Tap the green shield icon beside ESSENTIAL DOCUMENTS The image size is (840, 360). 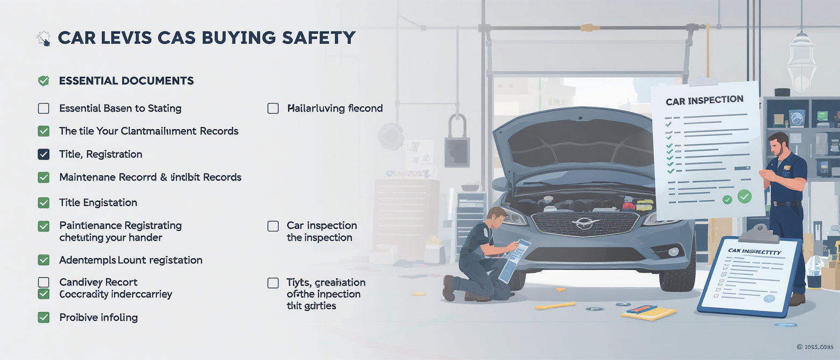coord(43,81)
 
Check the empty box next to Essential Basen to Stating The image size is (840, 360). coord(43,108)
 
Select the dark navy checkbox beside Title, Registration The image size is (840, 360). coord(43,154)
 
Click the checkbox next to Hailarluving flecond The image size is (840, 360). coord(273,108)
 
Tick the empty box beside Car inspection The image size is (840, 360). coord(273,226)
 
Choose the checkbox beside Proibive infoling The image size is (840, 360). coord(43,317)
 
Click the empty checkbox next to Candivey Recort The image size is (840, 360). coord(43,282)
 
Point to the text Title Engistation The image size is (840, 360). coord(98,202)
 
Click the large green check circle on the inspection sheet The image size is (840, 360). coord(744,197)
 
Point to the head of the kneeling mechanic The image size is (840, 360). coord(494,216)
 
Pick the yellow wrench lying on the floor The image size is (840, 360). coord(554,305)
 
